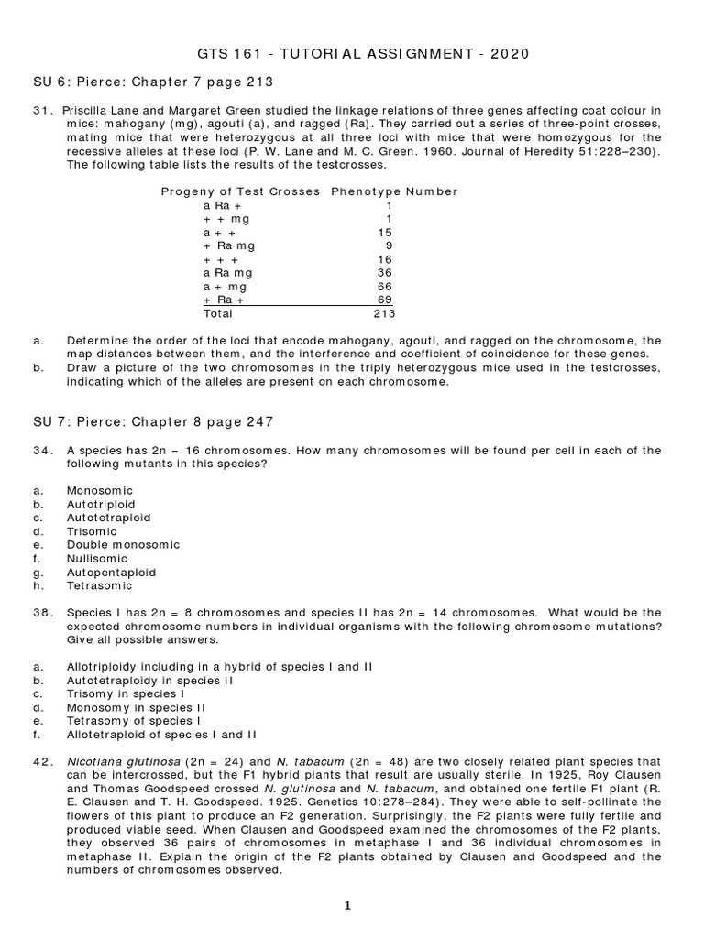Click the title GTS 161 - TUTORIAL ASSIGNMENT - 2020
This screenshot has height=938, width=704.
pos(363,54)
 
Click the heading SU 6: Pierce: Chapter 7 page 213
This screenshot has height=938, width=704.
pos(153,82)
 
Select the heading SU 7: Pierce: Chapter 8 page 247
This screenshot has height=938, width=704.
pos(153,421)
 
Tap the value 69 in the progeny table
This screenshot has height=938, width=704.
pos(385,299)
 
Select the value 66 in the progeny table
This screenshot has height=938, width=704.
pos(385,286)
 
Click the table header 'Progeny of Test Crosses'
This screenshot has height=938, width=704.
pos(240,191)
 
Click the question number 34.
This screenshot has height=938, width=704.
pos(41,450)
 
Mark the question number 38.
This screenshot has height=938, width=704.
pos(41,612)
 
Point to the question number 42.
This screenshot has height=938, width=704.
pos(41,760)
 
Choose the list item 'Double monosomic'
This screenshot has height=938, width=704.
pos(123,544)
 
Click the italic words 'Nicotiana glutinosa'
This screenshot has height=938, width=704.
pos(121,760)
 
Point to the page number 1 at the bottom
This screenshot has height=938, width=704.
pos(348,906)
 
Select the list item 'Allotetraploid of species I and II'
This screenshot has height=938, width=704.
pos(162,734)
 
